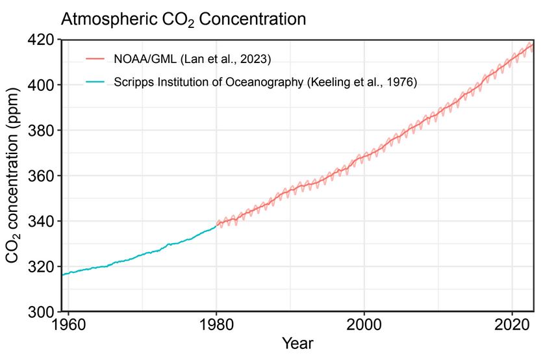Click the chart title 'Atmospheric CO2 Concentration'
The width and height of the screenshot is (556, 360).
pyautogui.click(x=183, y=19)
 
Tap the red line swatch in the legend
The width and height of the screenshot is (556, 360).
pyautogui.click(x=95, y=60)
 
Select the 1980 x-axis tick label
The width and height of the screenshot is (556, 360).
pyautogui.click(x=216, y=325)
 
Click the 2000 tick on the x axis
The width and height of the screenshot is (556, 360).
pyautogui.click(x=364, y=325)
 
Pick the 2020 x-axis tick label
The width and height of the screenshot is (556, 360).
pyautogui.click(x=513, y=325)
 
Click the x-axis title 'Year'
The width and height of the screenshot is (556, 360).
pyautogui.click(x=297, y=344)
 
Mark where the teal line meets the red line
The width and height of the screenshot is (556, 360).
pyautogui.click(x=216, y=225)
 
